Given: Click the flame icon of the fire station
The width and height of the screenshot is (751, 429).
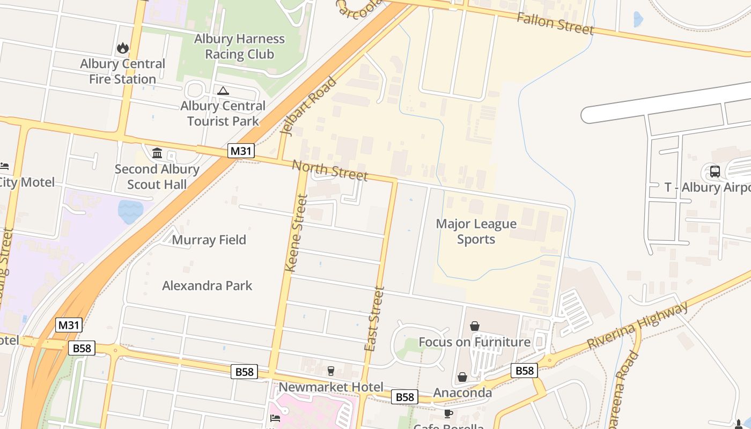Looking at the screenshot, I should click(x=123, y=48).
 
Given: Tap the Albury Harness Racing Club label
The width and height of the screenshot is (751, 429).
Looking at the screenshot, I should click(x=239, y=47).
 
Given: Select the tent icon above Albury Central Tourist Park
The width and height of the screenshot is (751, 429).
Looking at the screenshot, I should click(x=223, y=91).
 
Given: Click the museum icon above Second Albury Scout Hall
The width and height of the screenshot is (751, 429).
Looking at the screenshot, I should click(x=157, y=153).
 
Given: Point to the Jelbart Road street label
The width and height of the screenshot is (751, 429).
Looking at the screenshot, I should click(x=308, y=106).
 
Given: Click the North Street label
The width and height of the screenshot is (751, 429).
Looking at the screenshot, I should click(x=330, y=170).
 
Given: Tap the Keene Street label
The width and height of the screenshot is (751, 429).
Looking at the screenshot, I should click(x=296, y=233).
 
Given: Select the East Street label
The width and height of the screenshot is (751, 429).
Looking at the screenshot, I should click(x=374, y=319).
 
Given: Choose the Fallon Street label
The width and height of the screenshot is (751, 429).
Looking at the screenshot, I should click(x=555, y=23).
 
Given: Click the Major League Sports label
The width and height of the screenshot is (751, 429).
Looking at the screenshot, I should click(x=476, y=231).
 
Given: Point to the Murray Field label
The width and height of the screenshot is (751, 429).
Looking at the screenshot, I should click(x=209, y=240).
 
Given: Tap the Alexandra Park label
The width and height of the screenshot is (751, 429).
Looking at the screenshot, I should click(x=207, y=285).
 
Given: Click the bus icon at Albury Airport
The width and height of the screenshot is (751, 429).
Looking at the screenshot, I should click(x=715, y=172).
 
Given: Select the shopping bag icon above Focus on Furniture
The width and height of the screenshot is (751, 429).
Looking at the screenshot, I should click(x=475, y=326).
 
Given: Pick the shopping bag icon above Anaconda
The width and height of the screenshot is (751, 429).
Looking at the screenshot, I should click(x=462, y=378).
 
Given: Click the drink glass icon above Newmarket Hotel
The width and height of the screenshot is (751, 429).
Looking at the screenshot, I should click(x=331, y=371).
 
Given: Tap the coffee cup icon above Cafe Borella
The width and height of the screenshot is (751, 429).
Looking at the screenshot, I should click(x=448, y=413).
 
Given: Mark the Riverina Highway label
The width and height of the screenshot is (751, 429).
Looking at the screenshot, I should click(x=637, y=326).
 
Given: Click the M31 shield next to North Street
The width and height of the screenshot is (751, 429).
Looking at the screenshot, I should click(x=241, y=151).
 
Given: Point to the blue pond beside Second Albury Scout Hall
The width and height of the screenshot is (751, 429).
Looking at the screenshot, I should click(x=130, y=211).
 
